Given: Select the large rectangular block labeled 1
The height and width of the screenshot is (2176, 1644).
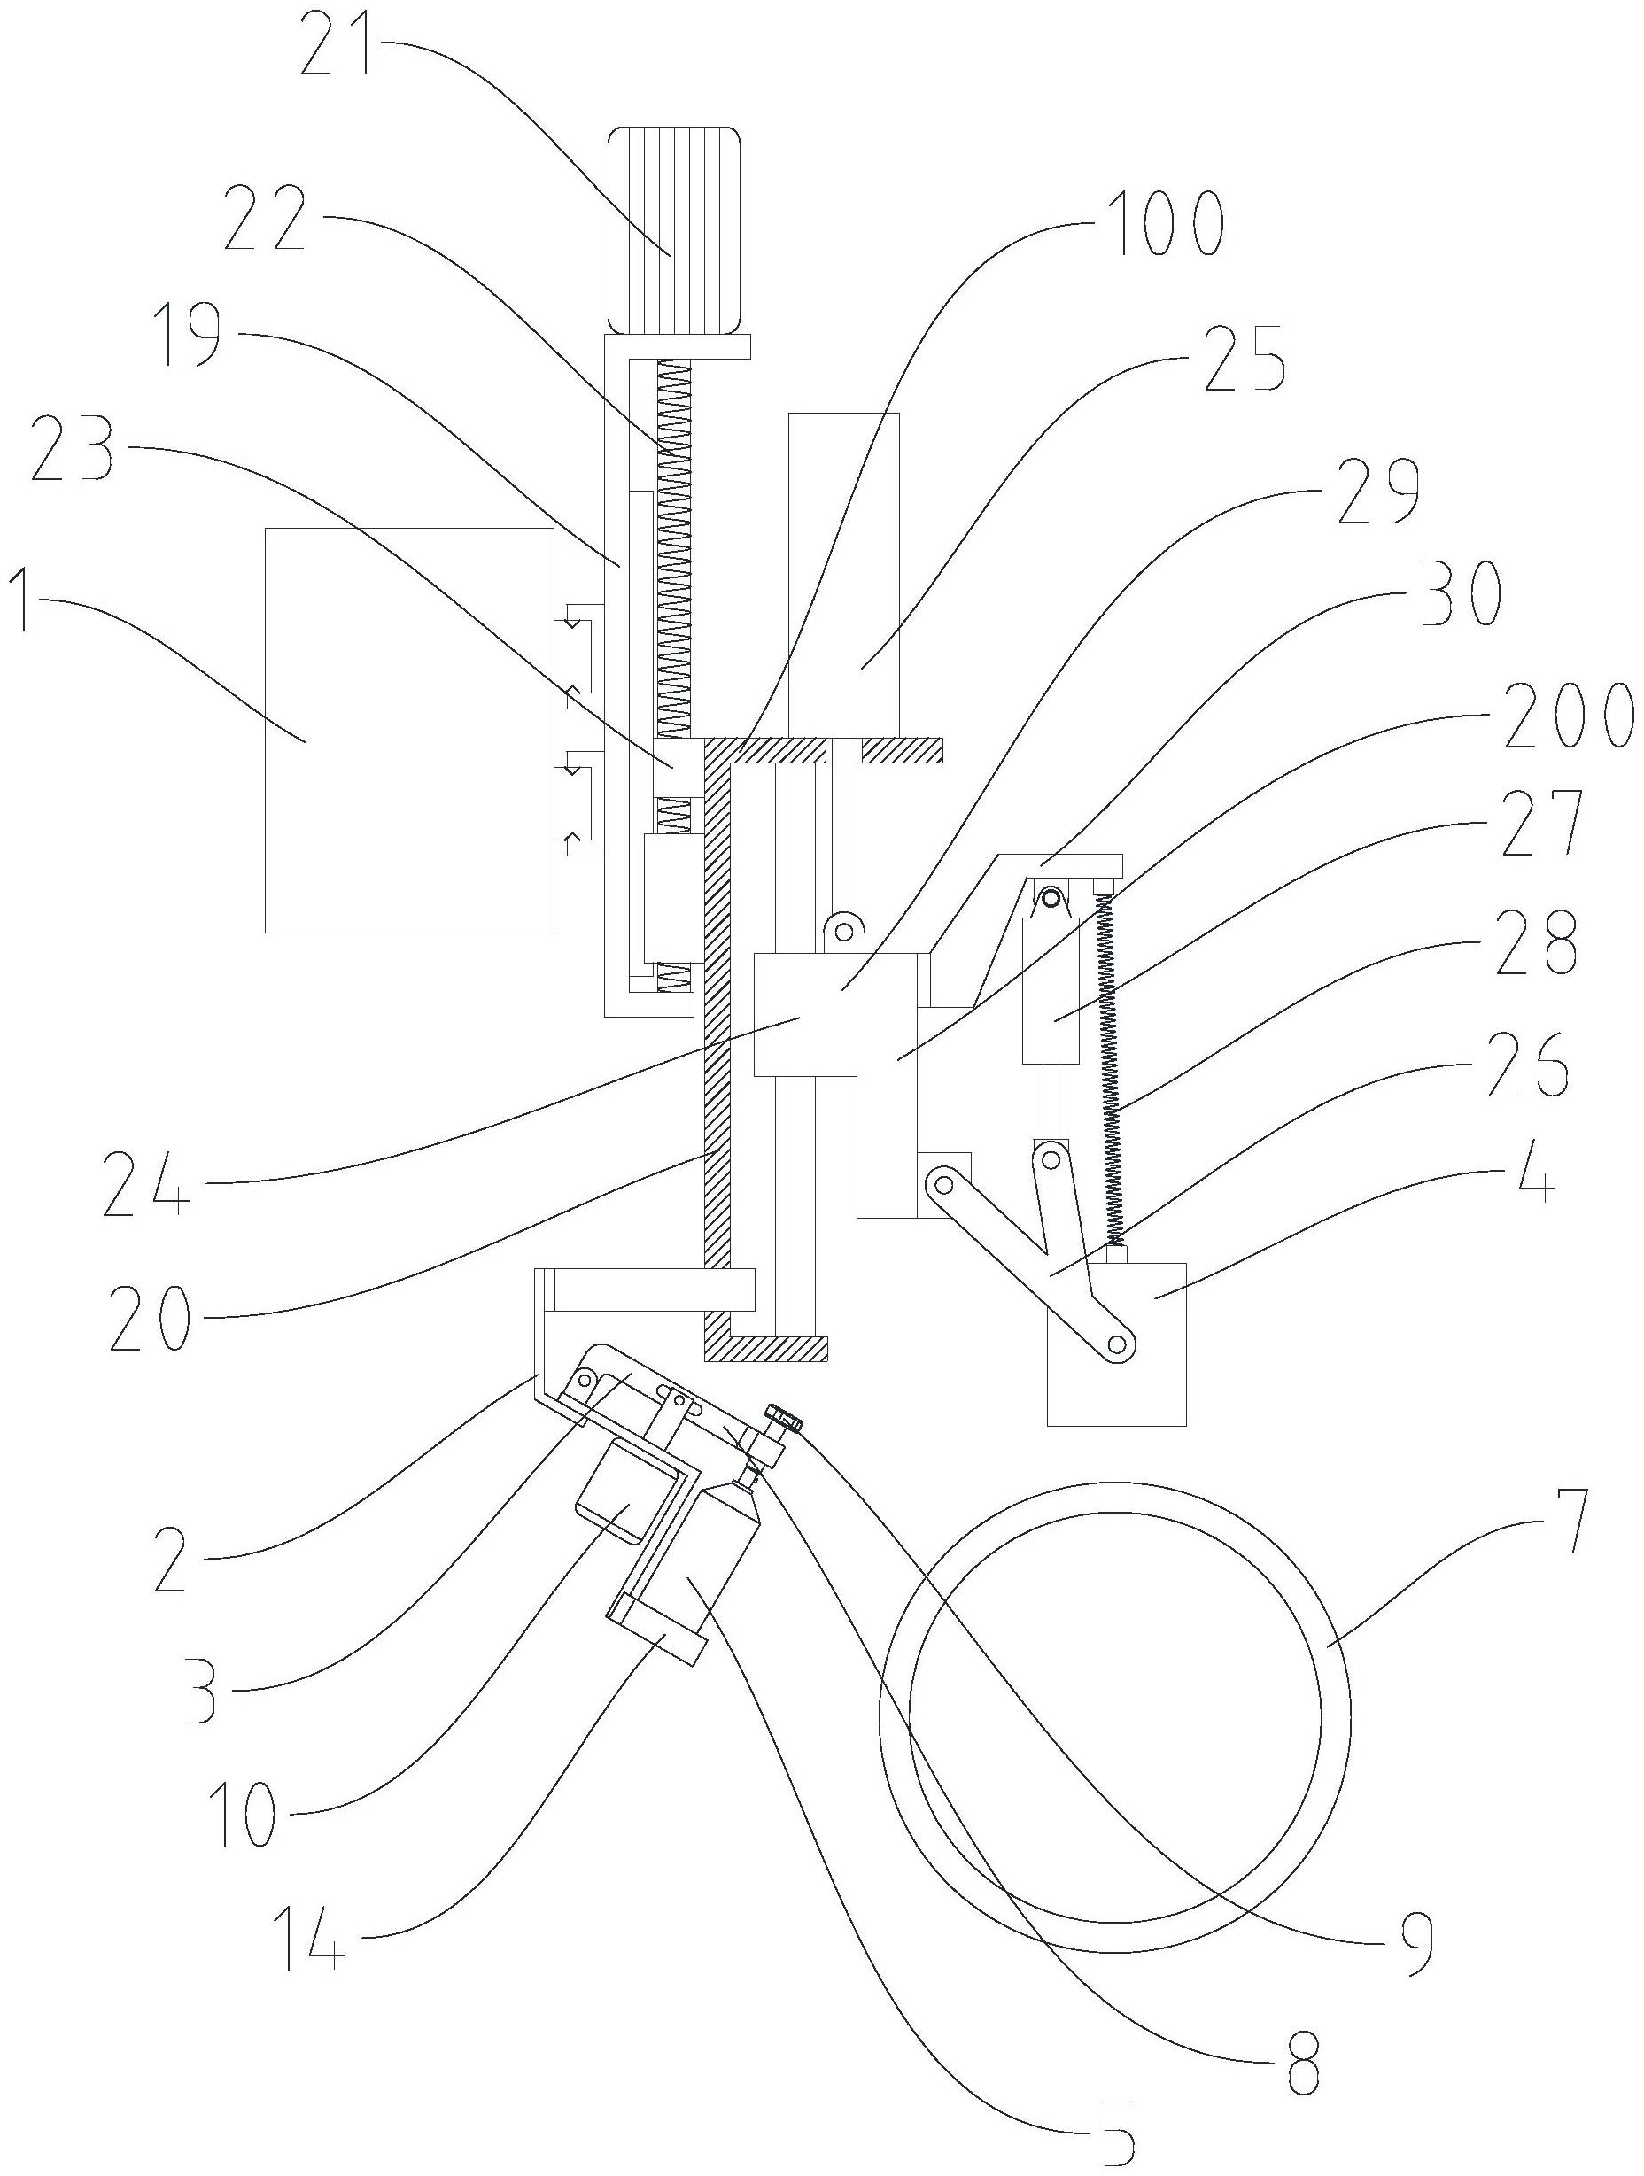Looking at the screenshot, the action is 408,729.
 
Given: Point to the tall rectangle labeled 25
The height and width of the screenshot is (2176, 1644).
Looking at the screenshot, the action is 843,576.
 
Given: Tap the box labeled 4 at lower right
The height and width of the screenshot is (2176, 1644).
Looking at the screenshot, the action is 1117,1343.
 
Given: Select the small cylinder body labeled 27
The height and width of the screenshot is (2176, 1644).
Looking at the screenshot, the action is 1051,989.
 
